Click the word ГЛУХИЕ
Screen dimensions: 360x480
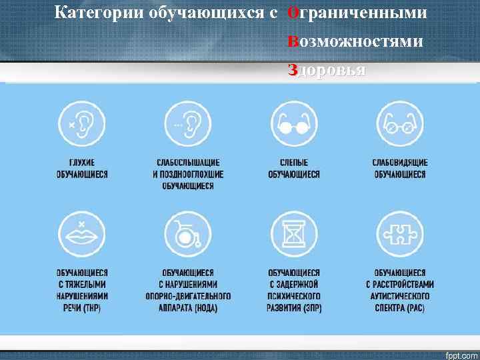82,163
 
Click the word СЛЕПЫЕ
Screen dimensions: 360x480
294,163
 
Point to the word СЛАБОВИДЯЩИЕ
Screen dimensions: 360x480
400,163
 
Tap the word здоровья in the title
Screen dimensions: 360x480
326,70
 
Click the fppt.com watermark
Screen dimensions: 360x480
461,352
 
